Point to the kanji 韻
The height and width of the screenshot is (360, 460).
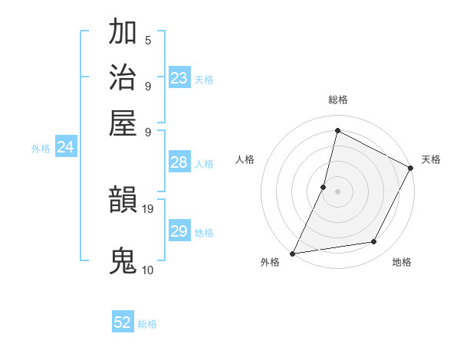[123, 201]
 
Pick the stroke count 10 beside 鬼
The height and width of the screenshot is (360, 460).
[148, 270]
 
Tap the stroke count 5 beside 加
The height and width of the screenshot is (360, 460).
[148, 40]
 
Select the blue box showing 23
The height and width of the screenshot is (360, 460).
[179, 77]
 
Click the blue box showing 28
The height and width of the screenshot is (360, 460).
[179, 162]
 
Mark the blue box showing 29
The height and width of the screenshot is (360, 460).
[179, 231]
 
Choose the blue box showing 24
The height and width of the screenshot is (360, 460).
[65, 147]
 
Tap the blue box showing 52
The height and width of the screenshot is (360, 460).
[123, 322]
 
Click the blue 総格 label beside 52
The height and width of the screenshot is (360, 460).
[147, 324]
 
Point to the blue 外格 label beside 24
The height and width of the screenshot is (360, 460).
[41, 149]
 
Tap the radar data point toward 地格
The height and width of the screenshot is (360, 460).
[374, 242]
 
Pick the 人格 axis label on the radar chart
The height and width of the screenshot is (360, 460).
[245, 159]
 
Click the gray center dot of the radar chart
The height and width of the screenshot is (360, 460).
[337, 191]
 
